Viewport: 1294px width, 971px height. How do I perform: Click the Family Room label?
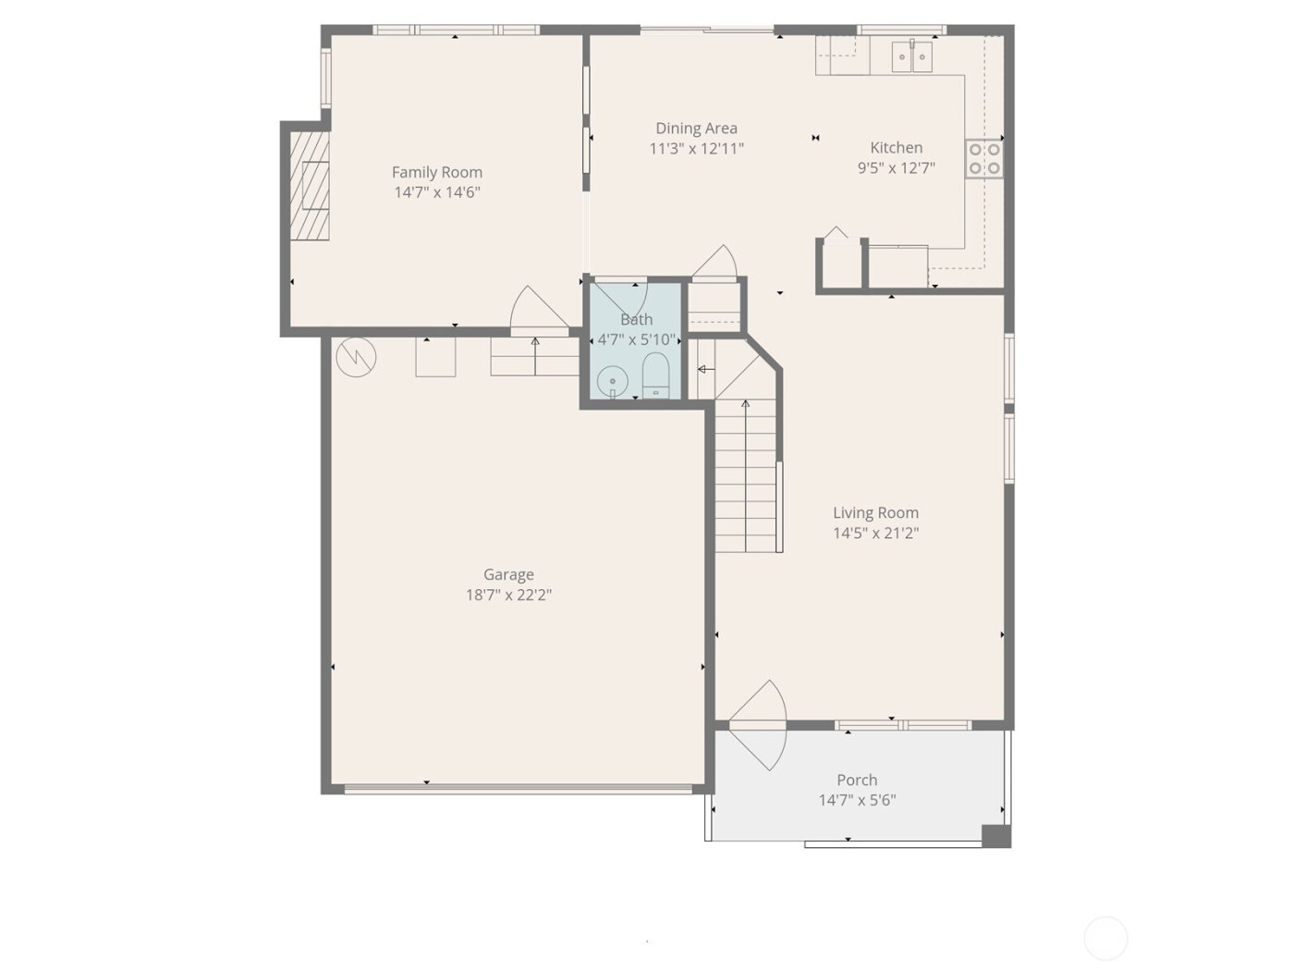[x=437, y=172]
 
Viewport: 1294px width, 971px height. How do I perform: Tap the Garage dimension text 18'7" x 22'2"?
[x=508, y=595]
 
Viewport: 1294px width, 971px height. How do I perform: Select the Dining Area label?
[x=696, y=129]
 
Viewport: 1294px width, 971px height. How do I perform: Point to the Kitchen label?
[x=896, y=147]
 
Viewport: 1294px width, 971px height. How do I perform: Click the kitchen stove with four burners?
[x=984, y=158]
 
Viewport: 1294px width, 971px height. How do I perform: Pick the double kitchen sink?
[x=913, y=55]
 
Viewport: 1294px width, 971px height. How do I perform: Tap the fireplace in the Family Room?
[x=311, y=186]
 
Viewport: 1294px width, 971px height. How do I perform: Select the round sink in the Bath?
[x=612, y=380]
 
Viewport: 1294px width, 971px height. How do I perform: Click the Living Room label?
[x=875, y=512]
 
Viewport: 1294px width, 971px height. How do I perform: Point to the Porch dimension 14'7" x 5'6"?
[x=857, y=801]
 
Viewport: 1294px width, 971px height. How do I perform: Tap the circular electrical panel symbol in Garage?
[x=356, y=358]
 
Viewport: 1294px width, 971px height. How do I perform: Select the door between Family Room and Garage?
[x=537, y=310]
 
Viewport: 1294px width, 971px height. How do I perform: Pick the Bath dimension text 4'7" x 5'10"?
[x=637, y=339]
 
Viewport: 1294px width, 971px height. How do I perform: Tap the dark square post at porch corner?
[x=995, y=836]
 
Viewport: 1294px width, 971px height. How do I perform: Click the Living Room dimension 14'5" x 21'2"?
[x=875, y=533]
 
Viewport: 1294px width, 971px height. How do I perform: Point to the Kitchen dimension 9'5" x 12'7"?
[x=896, y=168]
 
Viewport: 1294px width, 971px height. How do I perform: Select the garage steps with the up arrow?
[x=534, y=357]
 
